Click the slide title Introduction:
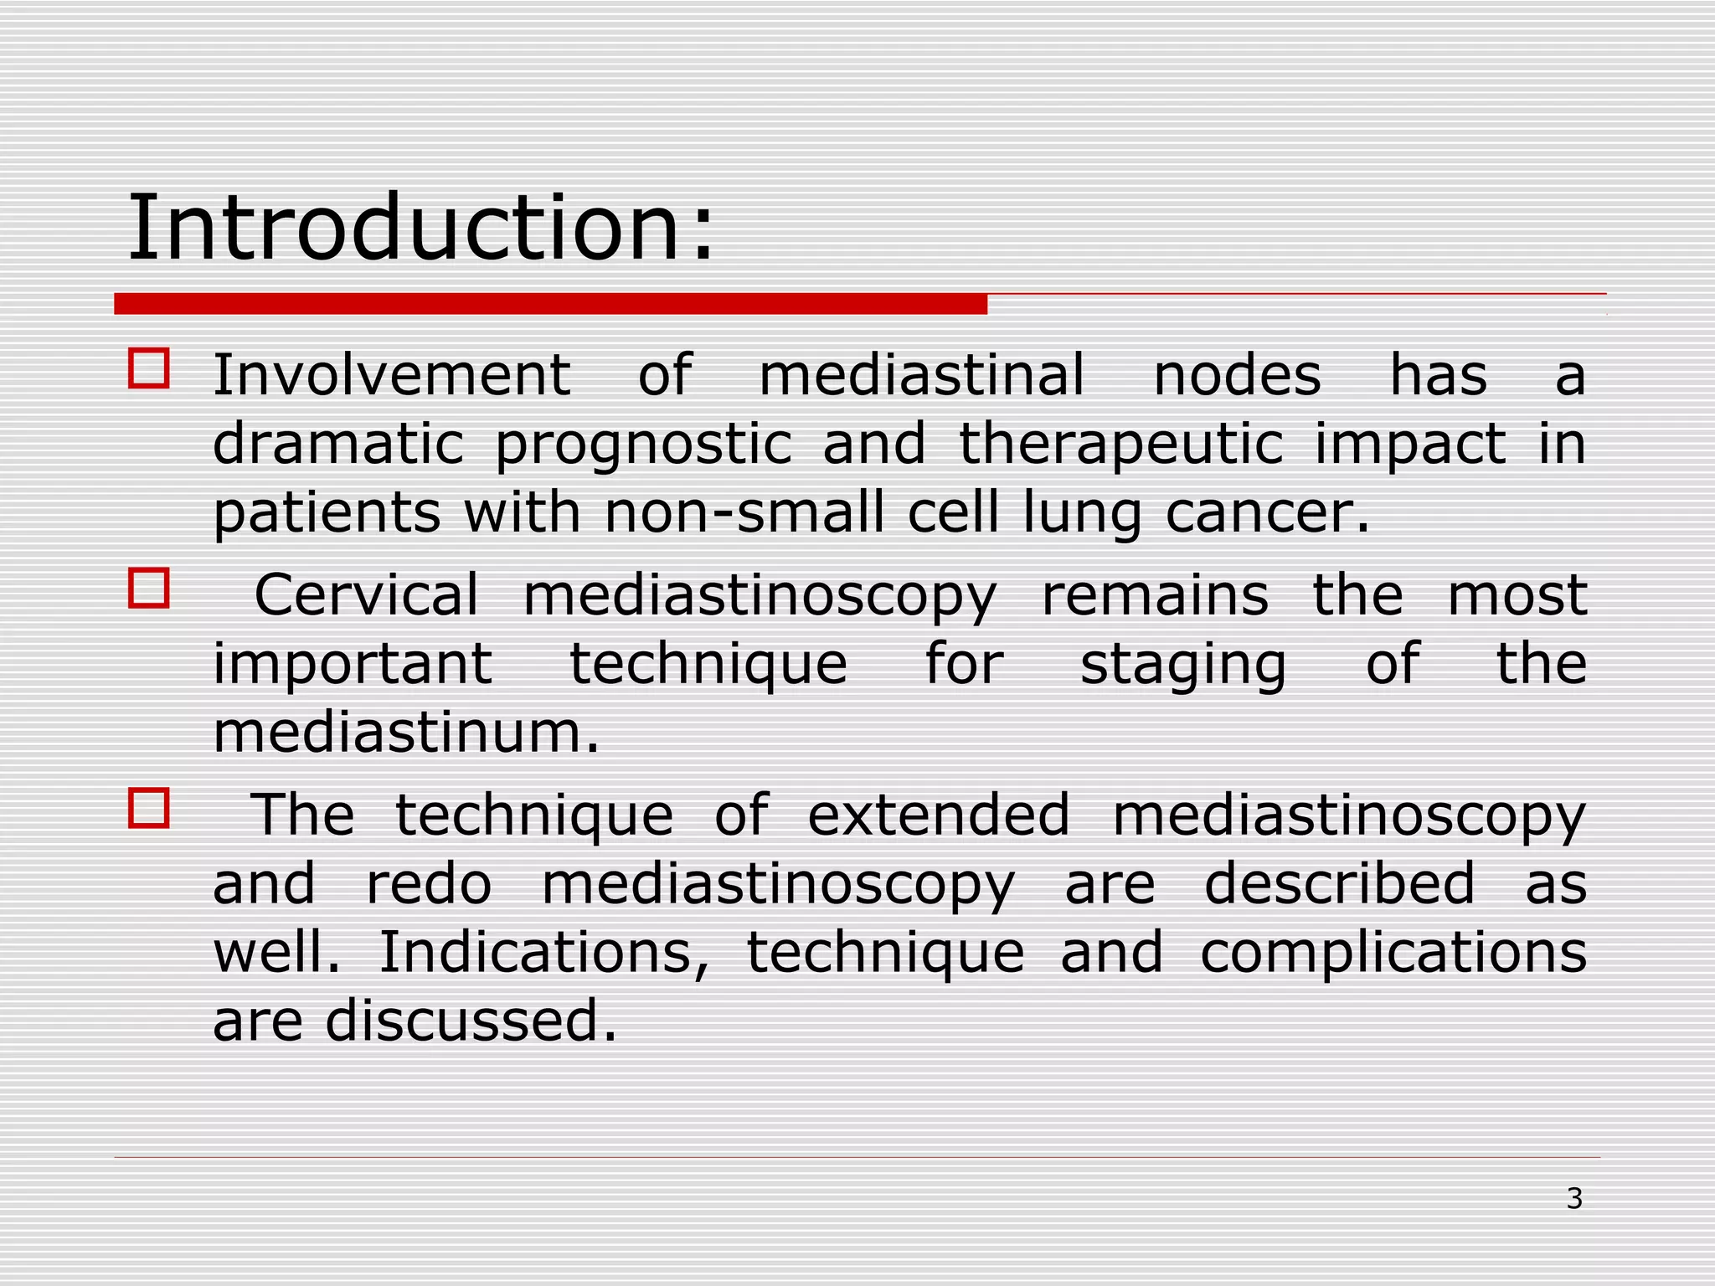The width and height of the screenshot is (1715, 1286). (x=420, y=228)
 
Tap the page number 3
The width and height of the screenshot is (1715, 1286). (x=1574, y=1199)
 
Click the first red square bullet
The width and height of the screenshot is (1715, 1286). (x=149, y=368)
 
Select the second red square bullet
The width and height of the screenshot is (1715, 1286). (x=149, y=588)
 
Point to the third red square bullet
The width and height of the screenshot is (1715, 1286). (x=149, y=808)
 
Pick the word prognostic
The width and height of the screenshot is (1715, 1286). (x=643, y=445)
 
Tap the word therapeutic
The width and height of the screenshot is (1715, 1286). (x=1120, y=445)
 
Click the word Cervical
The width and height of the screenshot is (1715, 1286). (x=366, y=595)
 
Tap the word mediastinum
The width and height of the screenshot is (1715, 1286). (x=406, y=733)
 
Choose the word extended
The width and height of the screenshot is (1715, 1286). (x=939, y=815)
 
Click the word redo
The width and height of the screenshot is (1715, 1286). (x=429, y=884)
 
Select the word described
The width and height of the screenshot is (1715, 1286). (x=1339, y=884)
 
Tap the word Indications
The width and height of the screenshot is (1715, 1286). (x=544, y=953)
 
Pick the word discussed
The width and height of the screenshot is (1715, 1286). (x=471, y=1021)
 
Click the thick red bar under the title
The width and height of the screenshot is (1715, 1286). (x=550, y=304)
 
